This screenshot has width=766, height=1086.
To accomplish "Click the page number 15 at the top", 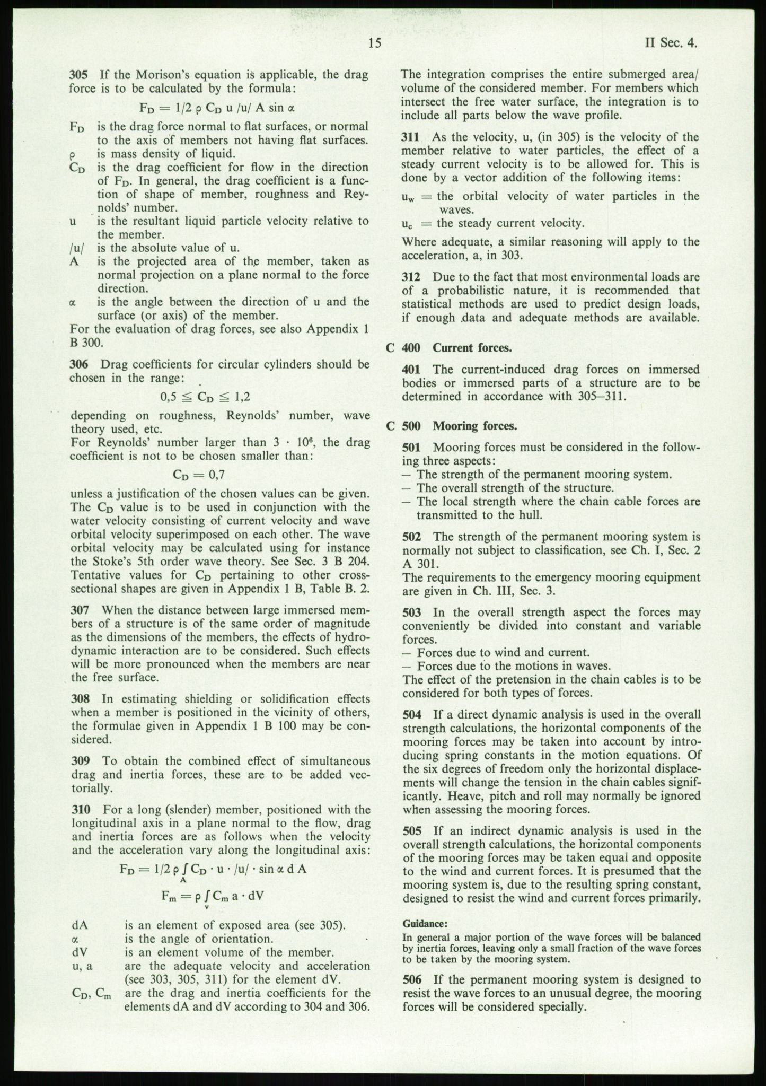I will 374,43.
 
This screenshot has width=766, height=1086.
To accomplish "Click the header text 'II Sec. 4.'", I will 671,43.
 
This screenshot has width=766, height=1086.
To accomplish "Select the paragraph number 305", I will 79,75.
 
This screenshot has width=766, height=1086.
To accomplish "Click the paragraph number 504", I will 412,714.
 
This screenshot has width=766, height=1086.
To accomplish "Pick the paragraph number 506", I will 412,979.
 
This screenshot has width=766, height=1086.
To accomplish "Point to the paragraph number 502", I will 412,537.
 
